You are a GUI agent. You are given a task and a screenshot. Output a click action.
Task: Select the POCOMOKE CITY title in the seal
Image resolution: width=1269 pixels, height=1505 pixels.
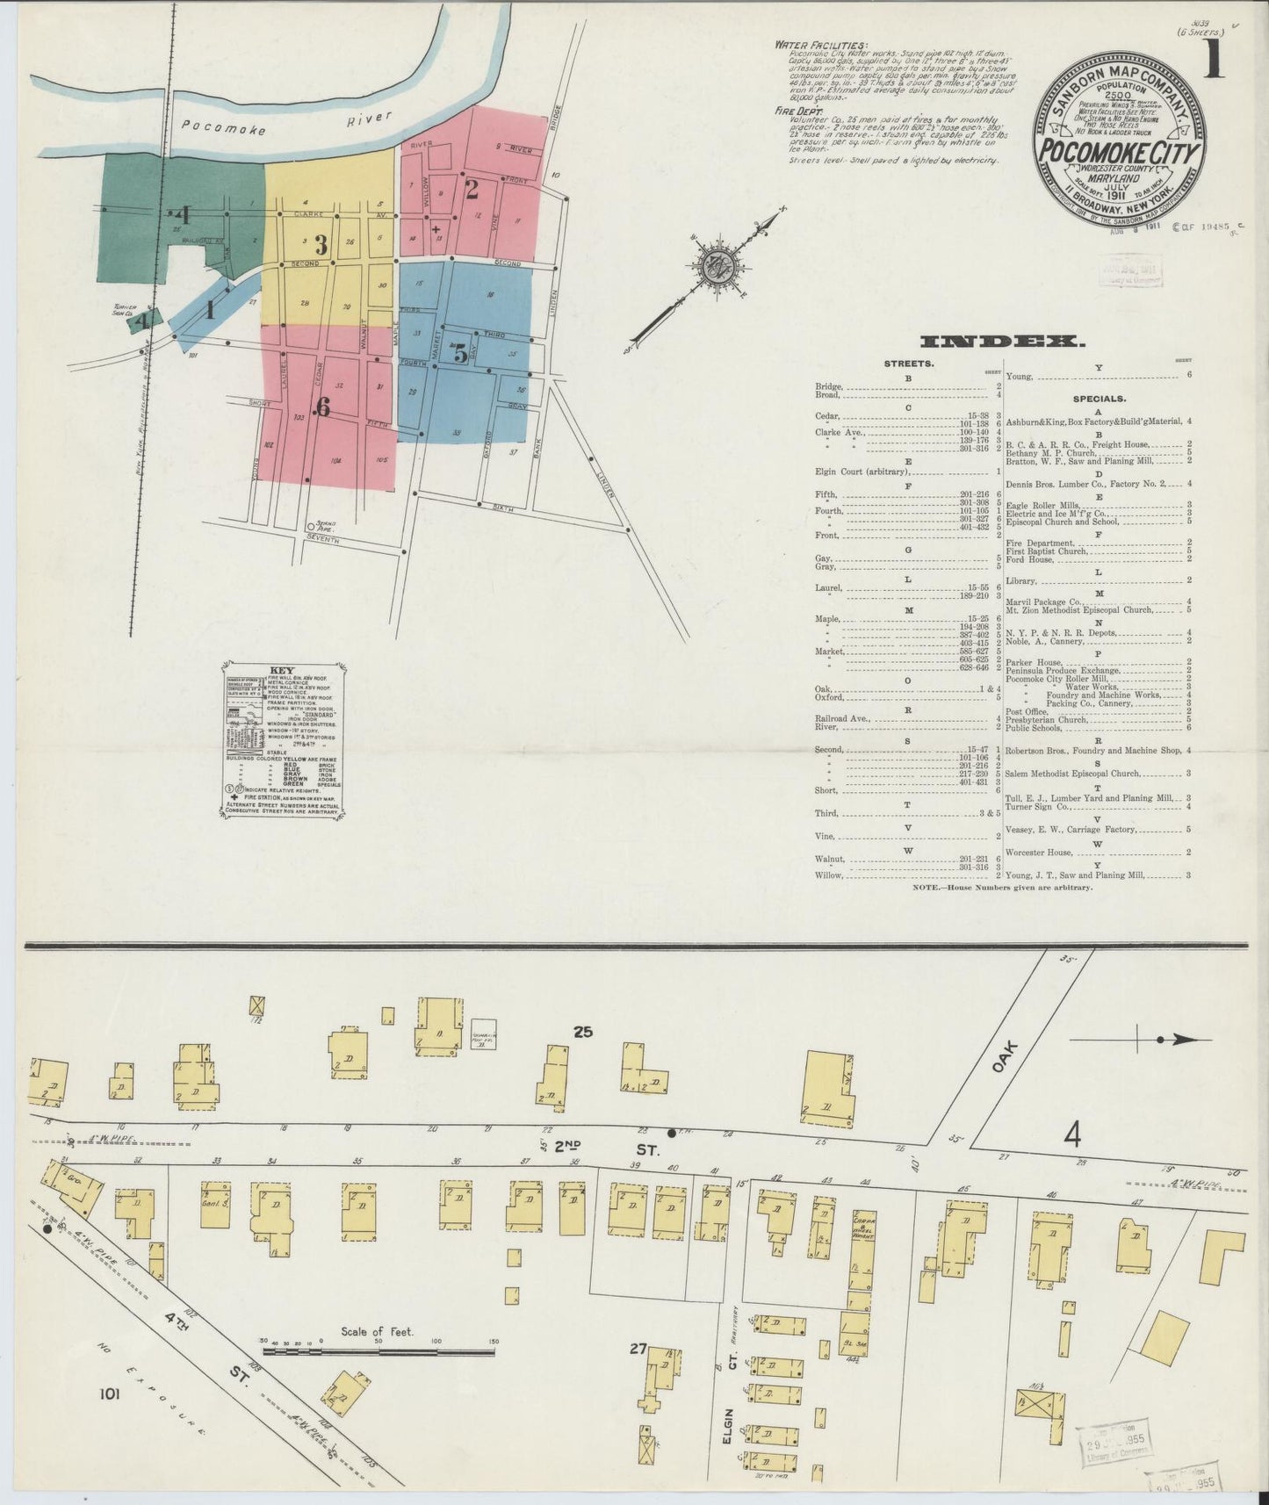click(x=1119, y=152)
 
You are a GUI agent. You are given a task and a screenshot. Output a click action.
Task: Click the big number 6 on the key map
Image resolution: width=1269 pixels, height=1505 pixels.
click(x=322, y=408)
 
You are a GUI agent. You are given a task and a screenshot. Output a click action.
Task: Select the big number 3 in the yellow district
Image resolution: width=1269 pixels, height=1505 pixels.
click(x=321, y=244)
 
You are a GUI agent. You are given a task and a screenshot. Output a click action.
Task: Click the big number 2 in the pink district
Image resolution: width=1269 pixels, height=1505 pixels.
click(x=472, y=188)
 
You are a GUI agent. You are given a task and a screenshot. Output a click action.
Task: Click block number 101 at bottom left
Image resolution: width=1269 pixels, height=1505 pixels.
click(x=111, y=1416)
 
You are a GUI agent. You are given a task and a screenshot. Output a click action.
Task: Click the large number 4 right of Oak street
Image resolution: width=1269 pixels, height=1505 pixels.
click(x=1071, y=1136)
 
